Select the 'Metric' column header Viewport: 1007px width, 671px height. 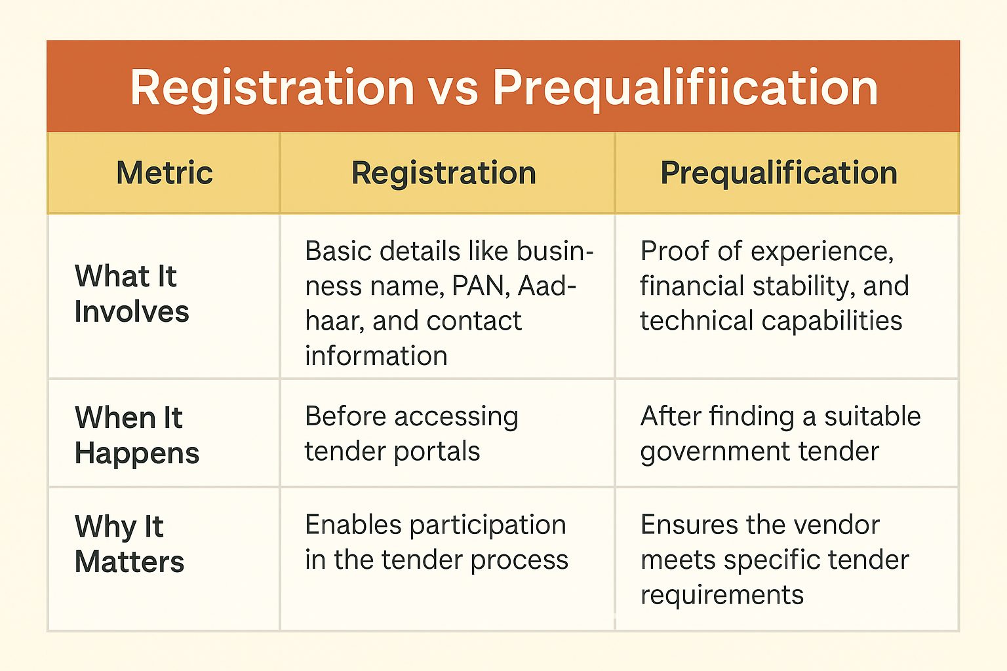click(165, 172)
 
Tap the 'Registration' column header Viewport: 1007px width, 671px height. click(444, 174)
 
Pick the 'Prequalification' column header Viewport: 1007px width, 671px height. click(779, 174)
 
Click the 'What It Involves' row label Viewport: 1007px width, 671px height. click(132, 293)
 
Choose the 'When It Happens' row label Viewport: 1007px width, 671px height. click(136, 435)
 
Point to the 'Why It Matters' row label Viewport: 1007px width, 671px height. click(129, 544)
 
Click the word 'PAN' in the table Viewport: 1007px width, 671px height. click(481, 286)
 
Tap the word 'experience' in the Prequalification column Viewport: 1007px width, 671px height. click(821, 252)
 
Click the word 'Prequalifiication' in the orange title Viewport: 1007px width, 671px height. click(686, 90)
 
